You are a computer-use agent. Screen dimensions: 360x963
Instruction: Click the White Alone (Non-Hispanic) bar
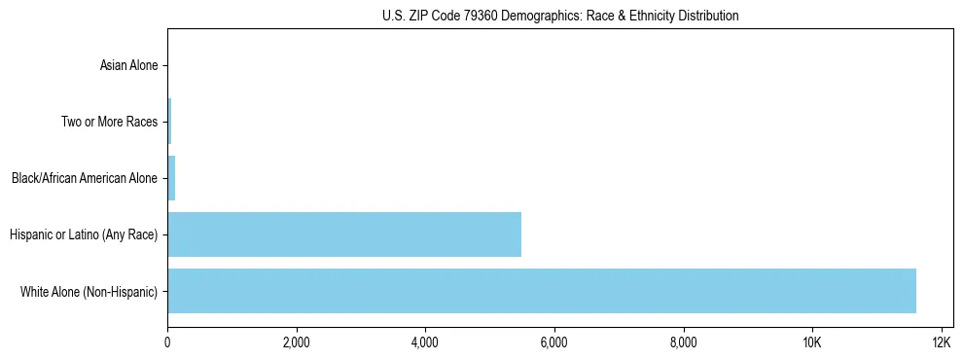point(541,291)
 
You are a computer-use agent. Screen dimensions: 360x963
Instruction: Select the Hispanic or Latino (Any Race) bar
point(344,234)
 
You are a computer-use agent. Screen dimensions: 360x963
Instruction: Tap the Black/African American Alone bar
point(171,178)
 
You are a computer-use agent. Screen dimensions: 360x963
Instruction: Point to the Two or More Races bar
point(169,122)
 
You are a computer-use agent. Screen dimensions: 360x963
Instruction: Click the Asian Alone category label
point(128,66)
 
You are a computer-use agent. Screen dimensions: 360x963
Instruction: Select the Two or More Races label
point(109,122)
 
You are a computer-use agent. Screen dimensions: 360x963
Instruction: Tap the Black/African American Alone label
point(84,178)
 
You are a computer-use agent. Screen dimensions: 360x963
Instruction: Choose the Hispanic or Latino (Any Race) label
point(84,234)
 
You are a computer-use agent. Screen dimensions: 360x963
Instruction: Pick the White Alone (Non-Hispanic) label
point(89,291)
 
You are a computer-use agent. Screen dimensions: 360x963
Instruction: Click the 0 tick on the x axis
point(167,342)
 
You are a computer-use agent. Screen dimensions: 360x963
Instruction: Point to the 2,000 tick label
point(296,342)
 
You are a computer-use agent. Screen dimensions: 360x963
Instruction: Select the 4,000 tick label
point(425,342)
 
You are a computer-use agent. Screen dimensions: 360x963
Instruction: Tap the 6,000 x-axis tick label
point(553,342)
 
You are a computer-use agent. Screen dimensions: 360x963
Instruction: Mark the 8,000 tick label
point(683,342)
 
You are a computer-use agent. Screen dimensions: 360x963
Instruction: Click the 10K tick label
point(812,342)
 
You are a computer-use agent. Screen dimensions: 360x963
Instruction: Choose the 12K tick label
point(941,342)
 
